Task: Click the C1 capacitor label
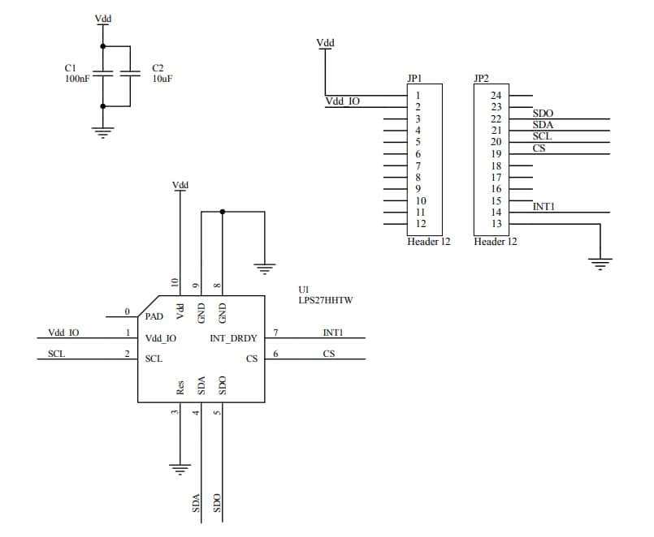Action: pyautogui.click(x=70, y=68)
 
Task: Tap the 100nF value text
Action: pyautogui.click(x=77, y=79)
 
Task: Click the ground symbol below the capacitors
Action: pyautogui.click(x=102, y=133)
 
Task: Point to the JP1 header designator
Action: pyautogui.click(x=414, y=79)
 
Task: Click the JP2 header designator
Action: pyautogui.click(x=481, y=79)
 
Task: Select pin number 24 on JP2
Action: pyautogui.click(x=496, y=96)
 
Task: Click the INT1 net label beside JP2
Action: pyautogui.click(x=544, y=207)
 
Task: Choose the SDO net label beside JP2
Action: pyautogui.click(x=543, y=113)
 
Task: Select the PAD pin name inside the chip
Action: pyautogui.click(x=154, y=316)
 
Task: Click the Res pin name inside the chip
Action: pyautogui.click(x=180, y=387)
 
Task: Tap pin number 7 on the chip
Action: pyautogui.click(x=276, y=333)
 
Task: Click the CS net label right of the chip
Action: pyautogui.click(x=328, y=354)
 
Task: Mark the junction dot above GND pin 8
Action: pyautogui.click(x=223, y=212)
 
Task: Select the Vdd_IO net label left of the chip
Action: pyautogui.click(x=63, y=333)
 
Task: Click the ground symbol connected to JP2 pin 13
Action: pyautogui.click(x=600, y=261)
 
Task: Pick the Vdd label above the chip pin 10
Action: pyautogui.click(x=180, y=186)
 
